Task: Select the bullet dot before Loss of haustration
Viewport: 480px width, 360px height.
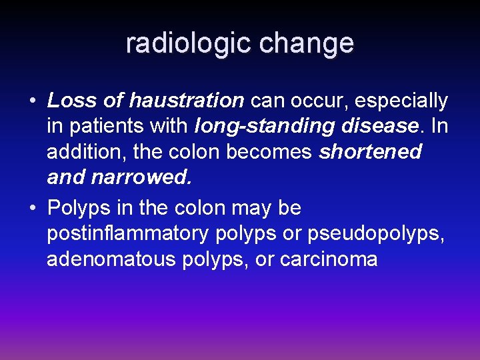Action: pyautogui.click(x=32, y=101)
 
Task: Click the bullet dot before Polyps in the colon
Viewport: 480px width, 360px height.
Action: pyautogui.click(x=32, y=208)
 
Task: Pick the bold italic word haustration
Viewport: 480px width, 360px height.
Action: pyautogui.click(x=186, y=101)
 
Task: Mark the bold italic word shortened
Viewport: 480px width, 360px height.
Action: pyautogui.click(x=371, y=151)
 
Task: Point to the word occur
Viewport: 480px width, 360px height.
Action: pyautogui.click(x=318, y=101)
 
